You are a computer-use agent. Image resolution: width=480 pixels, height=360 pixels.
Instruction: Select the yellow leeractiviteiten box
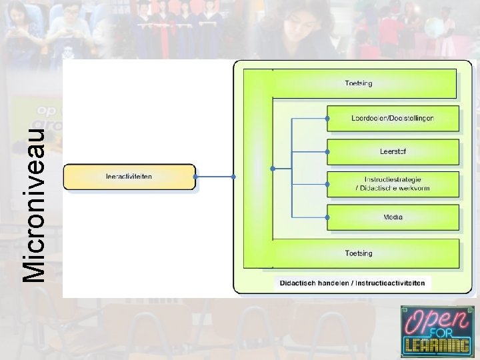click(129, 177)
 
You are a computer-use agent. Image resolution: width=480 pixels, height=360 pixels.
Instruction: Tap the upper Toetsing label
click(359, 83)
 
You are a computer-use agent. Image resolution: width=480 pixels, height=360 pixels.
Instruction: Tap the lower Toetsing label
click(359, 253)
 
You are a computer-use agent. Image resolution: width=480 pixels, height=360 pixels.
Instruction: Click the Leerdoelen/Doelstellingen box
click(393, 118)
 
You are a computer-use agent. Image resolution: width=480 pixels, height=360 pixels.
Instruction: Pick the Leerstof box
click(393, 151)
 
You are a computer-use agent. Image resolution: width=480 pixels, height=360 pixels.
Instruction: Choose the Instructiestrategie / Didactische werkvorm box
click(393, 184)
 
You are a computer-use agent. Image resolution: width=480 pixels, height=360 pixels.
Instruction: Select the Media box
click(393, 217)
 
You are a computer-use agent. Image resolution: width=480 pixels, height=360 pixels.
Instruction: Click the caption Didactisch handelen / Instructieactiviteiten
click(352, 283)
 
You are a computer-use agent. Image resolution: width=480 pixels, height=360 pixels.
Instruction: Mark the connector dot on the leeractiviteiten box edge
click(195, 177)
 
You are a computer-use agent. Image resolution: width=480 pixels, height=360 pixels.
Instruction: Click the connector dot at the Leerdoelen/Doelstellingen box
click(327, 118)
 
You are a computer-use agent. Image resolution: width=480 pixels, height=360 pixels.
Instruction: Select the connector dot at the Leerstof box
click(327, 151)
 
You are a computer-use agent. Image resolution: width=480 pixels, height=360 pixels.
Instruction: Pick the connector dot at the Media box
click(327, 217)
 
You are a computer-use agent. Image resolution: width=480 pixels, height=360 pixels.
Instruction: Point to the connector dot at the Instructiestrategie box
click(327, 184)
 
